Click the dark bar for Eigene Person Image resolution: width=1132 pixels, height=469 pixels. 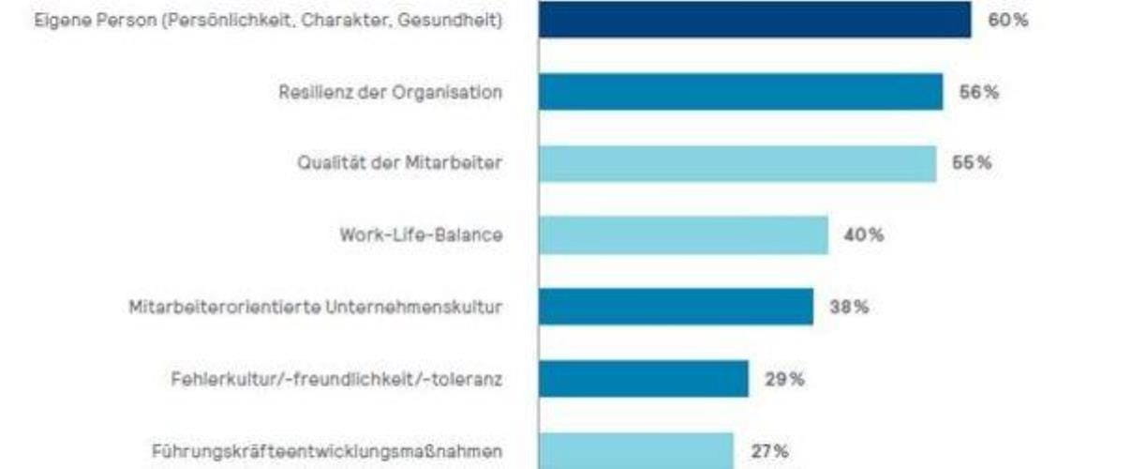point(754,20)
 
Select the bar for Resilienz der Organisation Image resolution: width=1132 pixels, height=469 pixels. point(740,92)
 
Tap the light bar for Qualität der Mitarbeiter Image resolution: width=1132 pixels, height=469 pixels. point(737,163)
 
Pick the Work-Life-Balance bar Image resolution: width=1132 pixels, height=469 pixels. point(683,235)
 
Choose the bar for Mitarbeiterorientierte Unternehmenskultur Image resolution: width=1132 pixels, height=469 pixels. point(676,307)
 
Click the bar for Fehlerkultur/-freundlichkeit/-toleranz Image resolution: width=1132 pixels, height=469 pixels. point(643,379)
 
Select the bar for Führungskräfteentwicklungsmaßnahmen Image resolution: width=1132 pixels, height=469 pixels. point(635,450)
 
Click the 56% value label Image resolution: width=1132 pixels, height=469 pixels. point(978,92)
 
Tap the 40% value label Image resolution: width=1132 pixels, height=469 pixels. point(863,235)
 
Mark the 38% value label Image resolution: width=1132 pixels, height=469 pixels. point(848,307)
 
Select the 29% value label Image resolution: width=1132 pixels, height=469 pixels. point(783,379)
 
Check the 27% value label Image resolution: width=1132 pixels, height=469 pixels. point(768,450)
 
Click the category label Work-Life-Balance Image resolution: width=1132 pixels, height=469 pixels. point(421,235)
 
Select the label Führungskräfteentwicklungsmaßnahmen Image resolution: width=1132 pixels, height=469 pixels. point(326,450)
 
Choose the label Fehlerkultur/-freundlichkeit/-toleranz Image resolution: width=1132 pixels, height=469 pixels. point(336,379)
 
